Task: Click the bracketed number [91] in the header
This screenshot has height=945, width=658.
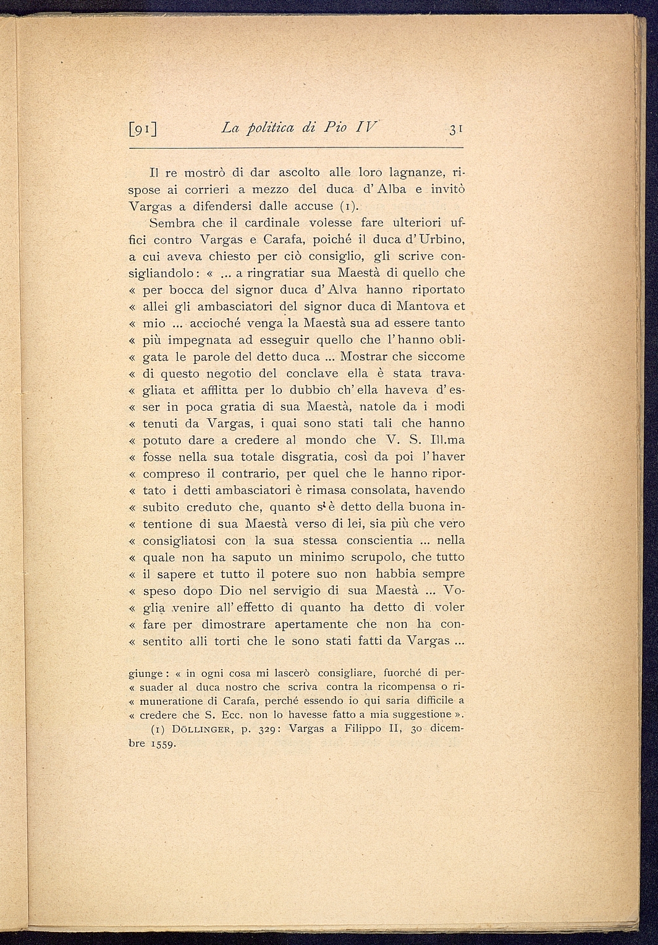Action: (x=143, y=130)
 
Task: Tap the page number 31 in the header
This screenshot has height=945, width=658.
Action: (x=456, y=130)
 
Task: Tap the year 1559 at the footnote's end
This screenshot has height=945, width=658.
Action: (x=162, y=744)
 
